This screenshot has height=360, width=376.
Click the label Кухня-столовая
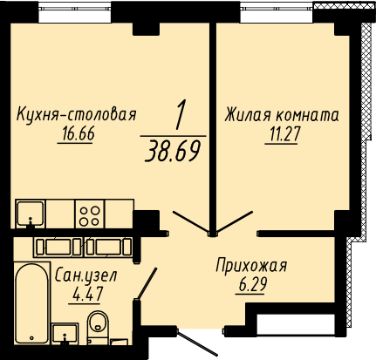(x=77, y=114)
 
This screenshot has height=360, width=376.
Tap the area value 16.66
(x=78, y=134)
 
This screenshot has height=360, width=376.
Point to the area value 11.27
(x=283, y=134)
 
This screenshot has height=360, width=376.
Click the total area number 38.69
(x=173, y=152)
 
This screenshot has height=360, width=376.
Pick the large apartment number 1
(x=180, y=115)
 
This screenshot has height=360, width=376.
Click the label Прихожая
(x=251, y=267)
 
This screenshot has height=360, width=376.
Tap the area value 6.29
(x=252, y=284)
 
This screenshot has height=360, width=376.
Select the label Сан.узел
(x=85, y=276)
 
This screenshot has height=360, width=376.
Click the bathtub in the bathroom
(x=32, y=303)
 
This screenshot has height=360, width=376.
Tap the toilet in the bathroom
(x=98, y=323)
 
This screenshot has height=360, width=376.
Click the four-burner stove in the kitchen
(x=90, y=214)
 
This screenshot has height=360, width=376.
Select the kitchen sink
(x=31, y=214)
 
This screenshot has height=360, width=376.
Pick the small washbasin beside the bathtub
(x=65, y=333)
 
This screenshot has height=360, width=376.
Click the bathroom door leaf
(x=147, y=283)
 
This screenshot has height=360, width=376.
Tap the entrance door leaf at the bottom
(x=197, y=343)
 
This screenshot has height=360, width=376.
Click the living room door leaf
(x=235, y=221)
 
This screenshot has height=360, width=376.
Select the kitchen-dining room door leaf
(x=191, y=221)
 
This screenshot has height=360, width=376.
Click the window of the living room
(x=277, y=12)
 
